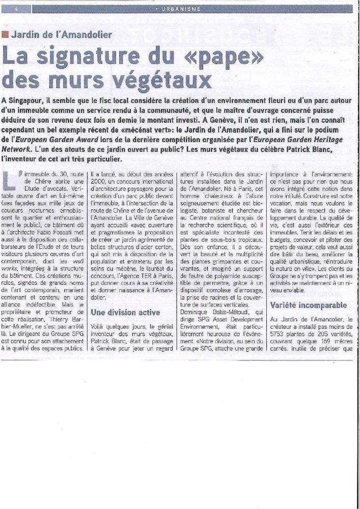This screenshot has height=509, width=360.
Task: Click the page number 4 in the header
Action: click(x=17, y=9)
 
